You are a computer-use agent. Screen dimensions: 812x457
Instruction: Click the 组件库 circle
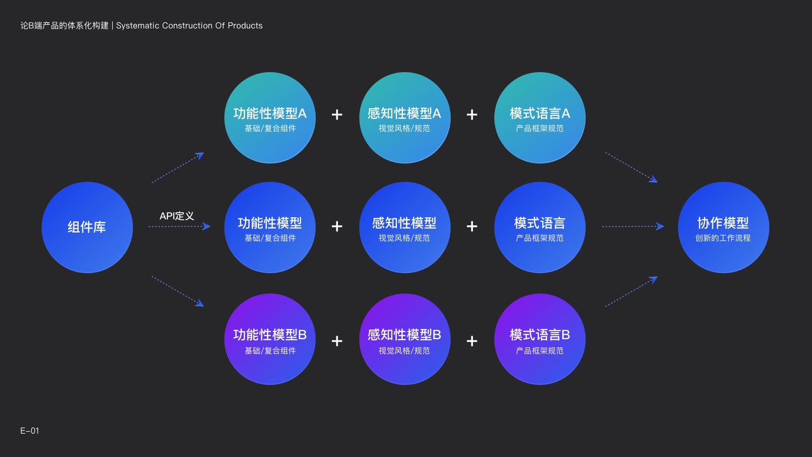[87, 227]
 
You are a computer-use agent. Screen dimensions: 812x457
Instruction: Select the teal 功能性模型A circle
[269, 117]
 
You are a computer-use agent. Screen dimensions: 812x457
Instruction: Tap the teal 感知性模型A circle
[404, 117]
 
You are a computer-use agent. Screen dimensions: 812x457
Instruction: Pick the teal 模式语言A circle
[540, 117]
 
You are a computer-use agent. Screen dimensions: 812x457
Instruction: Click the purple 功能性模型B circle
[269, 339]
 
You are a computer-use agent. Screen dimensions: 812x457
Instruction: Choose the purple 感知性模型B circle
[404, 339]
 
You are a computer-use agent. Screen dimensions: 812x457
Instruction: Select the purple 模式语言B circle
[540, 339]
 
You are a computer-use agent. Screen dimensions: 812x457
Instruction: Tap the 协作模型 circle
[724, 227]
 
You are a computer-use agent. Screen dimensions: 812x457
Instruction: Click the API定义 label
[177, 216]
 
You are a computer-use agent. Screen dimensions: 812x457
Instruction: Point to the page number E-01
[29, 431]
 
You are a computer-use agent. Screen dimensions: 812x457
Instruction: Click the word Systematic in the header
[138, 26]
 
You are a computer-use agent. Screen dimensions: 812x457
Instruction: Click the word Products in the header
[245, 26]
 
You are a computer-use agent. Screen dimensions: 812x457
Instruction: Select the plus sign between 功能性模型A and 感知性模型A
[337, 115]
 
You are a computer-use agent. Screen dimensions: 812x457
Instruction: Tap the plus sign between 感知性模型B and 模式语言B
[472, 341]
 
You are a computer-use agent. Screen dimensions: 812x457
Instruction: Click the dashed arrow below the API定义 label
[180, 226]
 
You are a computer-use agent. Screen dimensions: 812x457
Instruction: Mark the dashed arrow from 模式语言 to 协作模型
[633, 226]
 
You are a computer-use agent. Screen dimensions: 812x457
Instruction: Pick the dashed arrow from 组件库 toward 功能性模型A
[178, 168]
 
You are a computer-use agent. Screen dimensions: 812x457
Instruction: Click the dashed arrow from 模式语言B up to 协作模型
[631, 291]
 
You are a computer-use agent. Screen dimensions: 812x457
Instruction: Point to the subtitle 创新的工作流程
[723, 238]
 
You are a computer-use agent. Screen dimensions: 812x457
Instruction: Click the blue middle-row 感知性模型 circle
[404, 227]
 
